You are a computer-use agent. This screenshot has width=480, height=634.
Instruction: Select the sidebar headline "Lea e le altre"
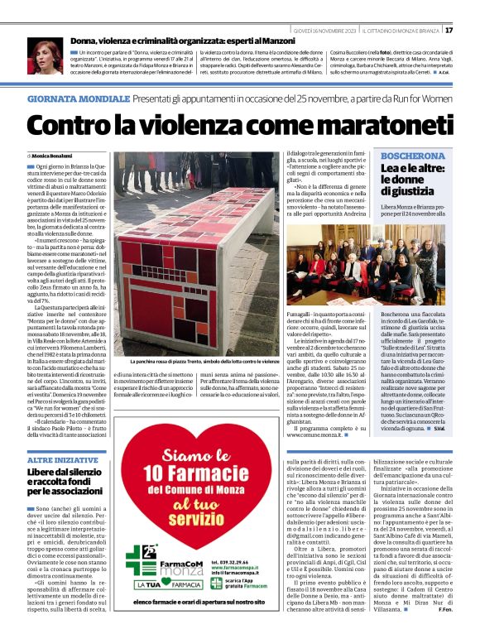coord(391,169)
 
